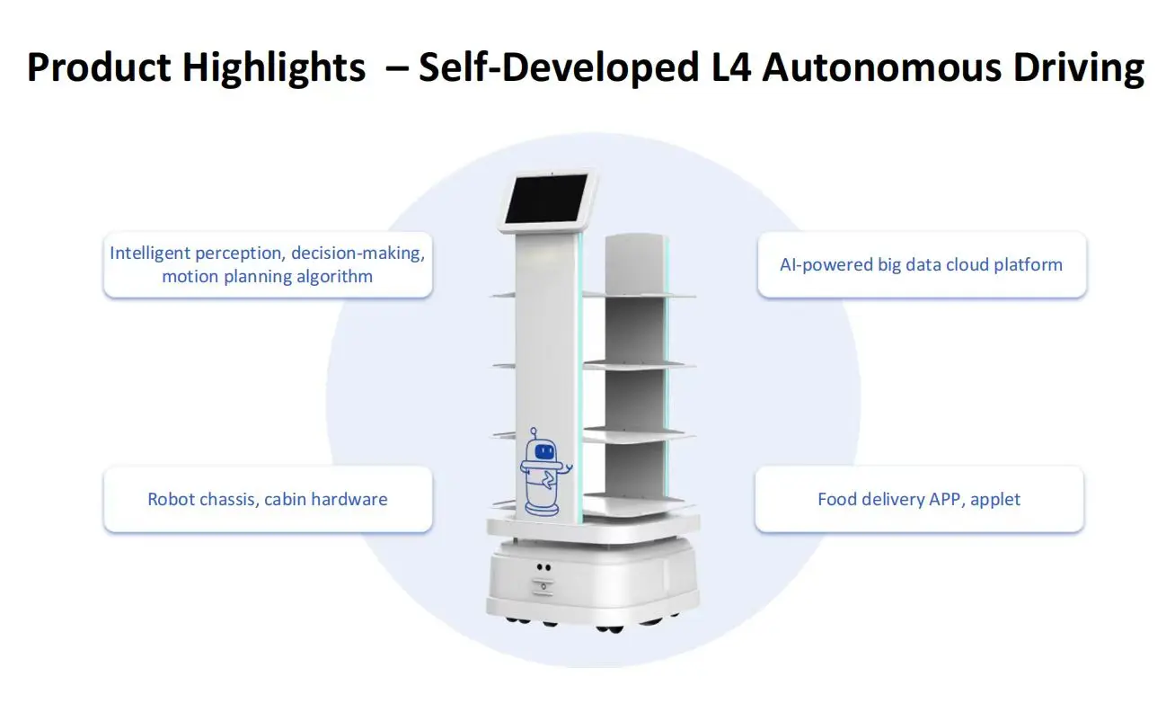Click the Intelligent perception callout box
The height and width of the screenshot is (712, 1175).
click(x=268, y=264)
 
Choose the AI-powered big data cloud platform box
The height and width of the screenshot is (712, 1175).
click(x=922, y=264)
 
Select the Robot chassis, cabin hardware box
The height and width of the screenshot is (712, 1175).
click(x=268, y=499)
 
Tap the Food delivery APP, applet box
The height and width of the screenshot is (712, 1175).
click(x=919, y=499)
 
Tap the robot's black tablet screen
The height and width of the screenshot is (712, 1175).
click(x=549, y=200)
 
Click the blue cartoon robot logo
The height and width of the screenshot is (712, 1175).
click(x=543, y=471)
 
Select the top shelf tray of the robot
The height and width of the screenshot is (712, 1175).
click(x=640, y=294)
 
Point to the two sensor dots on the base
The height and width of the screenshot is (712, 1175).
click(x=543, y=567)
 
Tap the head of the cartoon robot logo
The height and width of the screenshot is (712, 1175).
click(x=542, y=447)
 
